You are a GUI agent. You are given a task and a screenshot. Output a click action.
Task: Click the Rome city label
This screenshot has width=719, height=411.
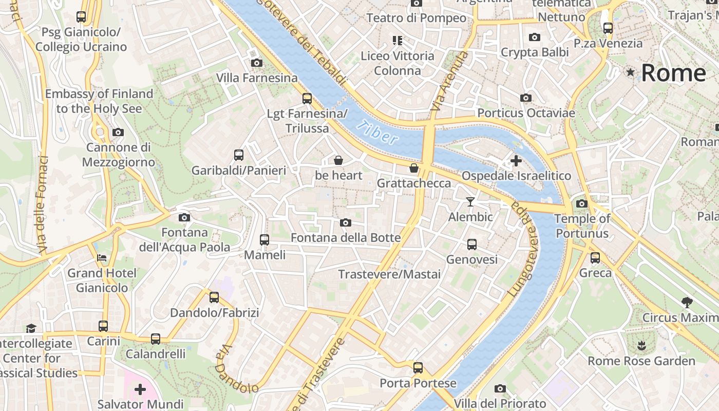coord(673,73)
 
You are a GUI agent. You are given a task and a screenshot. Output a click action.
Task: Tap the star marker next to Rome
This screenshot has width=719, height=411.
coord(630,72)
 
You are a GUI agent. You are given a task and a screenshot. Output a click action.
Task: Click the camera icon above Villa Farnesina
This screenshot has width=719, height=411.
coord(257,63)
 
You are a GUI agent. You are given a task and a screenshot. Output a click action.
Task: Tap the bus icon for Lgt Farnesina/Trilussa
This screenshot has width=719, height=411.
coord(307,98)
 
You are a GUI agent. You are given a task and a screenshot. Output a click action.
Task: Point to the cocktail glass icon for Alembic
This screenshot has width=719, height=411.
coord(470,202)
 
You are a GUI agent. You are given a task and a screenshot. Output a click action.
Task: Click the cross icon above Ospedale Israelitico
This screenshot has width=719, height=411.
coord(516,161)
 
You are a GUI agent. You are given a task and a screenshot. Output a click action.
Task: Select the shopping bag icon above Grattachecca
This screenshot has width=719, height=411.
coord(414,168)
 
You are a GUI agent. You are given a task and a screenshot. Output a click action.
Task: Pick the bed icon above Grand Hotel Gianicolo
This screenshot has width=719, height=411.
coord(102,257)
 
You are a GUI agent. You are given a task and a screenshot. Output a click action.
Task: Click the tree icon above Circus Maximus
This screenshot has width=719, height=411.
coord(687,303)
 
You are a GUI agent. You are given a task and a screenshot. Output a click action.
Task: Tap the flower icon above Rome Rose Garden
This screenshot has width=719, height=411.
coord(641,345)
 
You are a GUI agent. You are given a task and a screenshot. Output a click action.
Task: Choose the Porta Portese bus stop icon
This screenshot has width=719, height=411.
coord(418,368)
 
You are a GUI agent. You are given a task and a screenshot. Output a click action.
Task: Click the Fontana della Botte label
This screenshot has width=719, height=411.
coord(346,238)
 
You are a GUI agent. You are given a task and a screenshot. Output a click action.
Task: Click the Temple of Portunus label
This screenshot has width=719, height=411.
coord(582,226)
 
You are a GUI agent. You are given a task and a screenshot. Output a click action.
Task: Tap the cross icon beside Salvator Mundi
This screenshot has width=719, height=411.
coord(140,389)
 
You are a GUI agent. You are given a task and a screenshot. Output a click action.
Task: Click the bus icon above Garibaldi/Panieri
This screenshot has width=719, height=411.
coord(239,155)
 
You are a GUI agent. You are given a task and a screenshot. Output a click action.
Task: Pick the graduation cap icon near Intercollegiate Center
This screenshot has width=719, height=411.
coord(31,328)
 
